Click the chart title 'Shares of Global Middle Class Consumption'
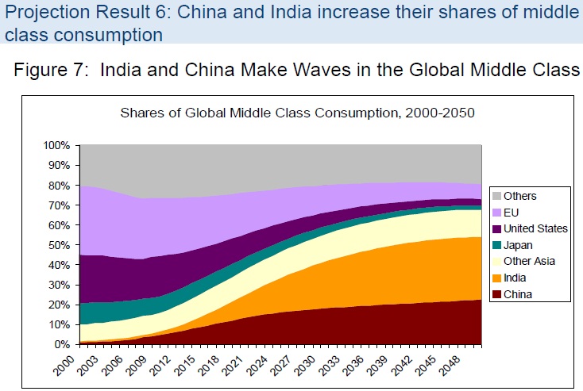[x=297, y=112]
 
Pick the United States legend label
[x=535, y=228]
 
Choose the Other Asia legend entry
[x=527, y=261]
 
